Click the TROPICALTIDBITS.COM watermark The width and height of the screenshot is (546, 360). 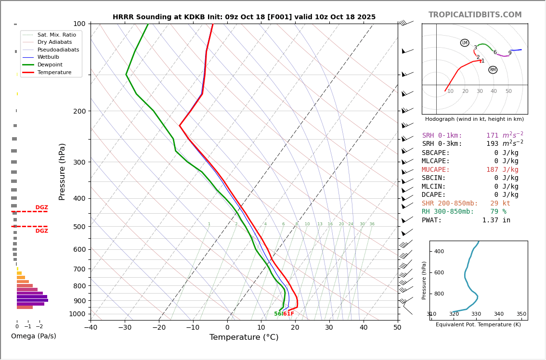[475, 15]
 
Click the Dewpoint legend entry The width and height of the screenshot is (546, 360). [50, 64]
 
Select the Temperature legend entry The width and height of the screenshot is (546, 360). [54, 72]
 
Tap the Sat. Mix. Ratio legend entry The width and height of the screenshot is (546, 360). [56, 35]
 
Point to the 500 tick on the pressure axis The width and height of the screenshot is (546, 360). [79, 227]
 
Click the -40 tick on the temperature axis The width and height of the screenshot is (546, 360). [91, 328]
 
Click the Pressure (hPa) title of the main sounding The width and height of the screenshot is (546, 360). [62, 171]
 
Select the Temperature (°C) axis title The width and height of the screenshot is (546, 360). [244, 337]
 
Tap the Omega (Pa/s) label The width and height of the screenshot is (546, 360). [33, 336]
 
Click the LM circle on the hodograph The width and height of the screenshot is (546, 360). [465, 43]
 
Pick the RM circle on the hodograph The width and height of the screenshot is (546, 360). [493, 70]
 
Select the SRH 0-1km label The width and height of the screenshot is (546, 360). [442, 136]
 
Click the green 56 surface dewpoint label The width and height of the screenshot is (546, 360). [278, 314]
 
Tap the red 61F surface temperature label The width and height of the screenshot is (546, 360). [288, 314]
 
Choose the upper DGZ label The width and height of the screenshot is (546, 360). [41, 207]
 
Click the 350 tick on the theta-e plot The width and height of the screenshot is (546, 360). [521, 314]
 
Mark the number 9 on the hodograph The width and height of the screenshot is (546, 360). [510, 53]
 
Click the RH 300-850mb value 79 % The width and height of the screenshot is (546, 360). [498, 212]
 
